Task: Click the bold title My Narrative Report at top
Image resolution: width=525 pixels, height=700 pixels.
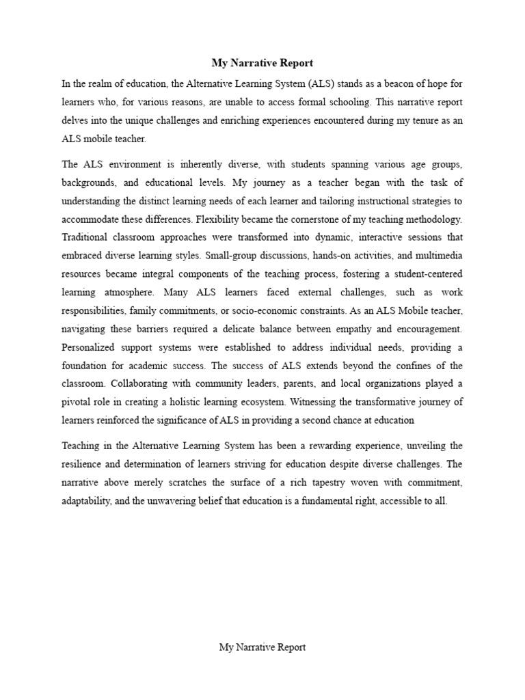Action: (262, 63)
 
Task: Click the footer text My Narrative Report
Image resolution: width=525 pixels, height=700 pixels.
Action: (262, 647)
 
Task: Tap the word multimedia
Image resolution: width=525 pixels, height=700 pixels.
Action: (438, 254)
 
